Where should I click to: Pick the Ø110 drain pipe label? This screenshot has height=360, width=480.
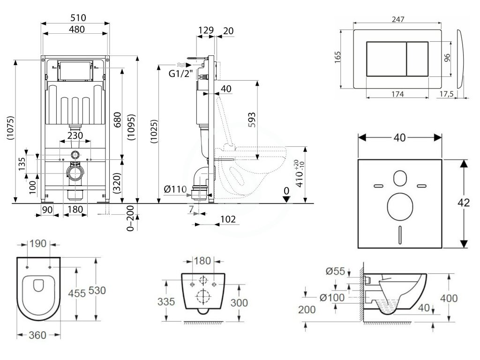point(175,190)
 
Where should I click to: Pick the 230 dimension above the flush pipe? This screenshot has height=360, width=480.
point(75,135)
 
